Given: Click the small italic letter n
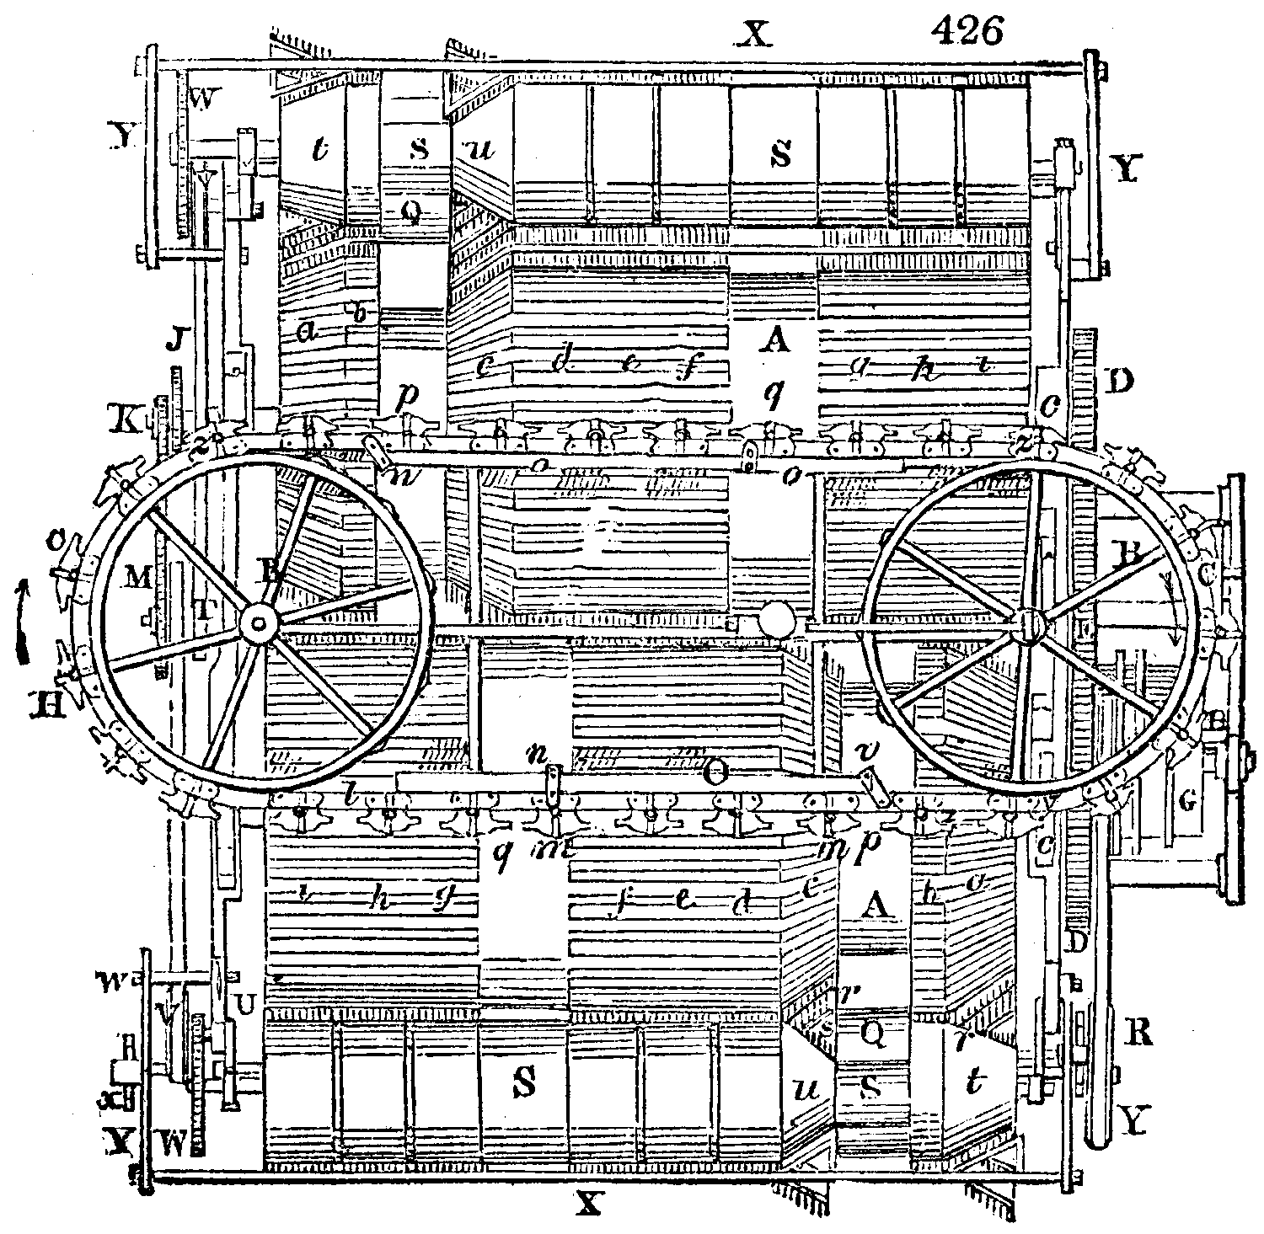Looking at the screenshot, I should point(534,752).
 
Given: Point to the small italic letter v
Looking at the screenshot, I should point(863,749).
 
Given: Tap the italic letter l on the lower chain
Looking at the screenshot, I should point(349,793).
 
